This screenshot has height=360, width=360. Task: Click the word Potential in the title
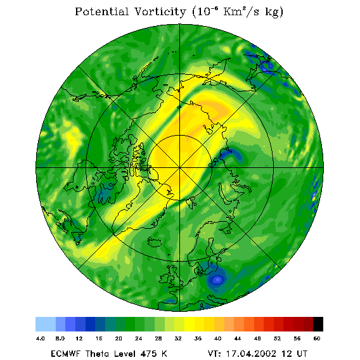click(x=101, y=11)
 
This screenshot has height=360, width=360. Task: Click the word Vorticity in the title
click(x=160, y=11)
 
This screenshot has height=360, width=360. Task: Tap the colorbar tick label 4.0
click(x=40, y=338)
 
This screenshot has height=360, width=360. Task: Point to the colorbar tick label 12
click(x=79, y=338)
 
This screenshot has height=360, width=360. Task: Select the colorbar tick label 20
click(x=119, y=338)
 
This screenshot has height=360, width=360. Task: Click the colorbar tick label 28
click(x=158, y=338)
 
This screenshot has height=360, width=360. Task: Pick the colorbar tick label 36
click(x=198, y=338)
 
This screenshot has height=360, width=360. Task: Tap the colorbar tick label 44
click(x=238, y=338)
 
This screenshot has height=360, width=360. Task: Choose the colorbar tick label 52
click(x=277, y=338)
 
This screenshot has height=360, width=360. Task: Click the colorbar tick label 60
click(x=317, y=338)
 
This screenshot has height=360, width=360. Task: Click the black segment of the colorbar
click(x=318, y=324)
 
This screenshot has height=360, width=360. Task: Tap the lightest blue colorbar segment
click(x=46, y=324)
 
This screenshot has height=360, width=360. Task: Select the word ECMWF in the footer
click(x=66, y=354)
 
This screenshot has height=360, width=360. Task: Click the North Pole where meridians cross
click(x=180, y=167)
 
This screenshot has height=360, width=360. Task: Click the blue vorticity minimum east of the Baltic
click(x=217, y=280)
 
